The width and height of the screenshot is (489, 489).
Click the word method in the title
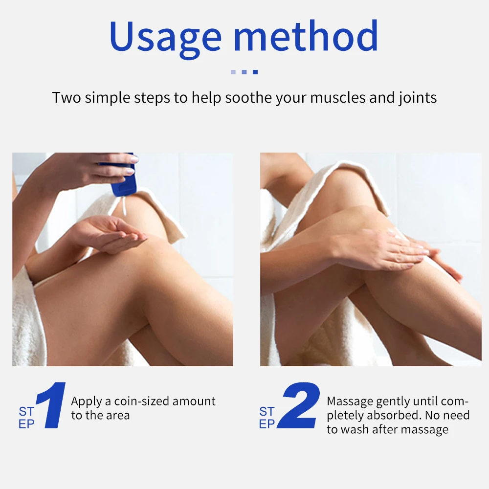coord(306,36)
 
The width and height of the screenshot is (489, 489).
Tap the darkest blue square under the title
coord(255,72)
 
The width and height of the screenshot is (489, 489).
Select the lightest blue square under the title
coord(233,72)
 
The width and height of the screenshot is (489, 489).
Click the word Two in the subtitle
coord(67,97)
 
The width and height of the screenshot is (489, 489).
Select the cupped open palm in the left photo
coord(110,234)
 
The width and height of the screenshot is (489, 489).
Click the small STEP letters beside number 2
coord(267,418)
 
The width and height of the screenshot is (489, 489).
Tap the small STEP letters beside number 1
coord(26,418)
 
